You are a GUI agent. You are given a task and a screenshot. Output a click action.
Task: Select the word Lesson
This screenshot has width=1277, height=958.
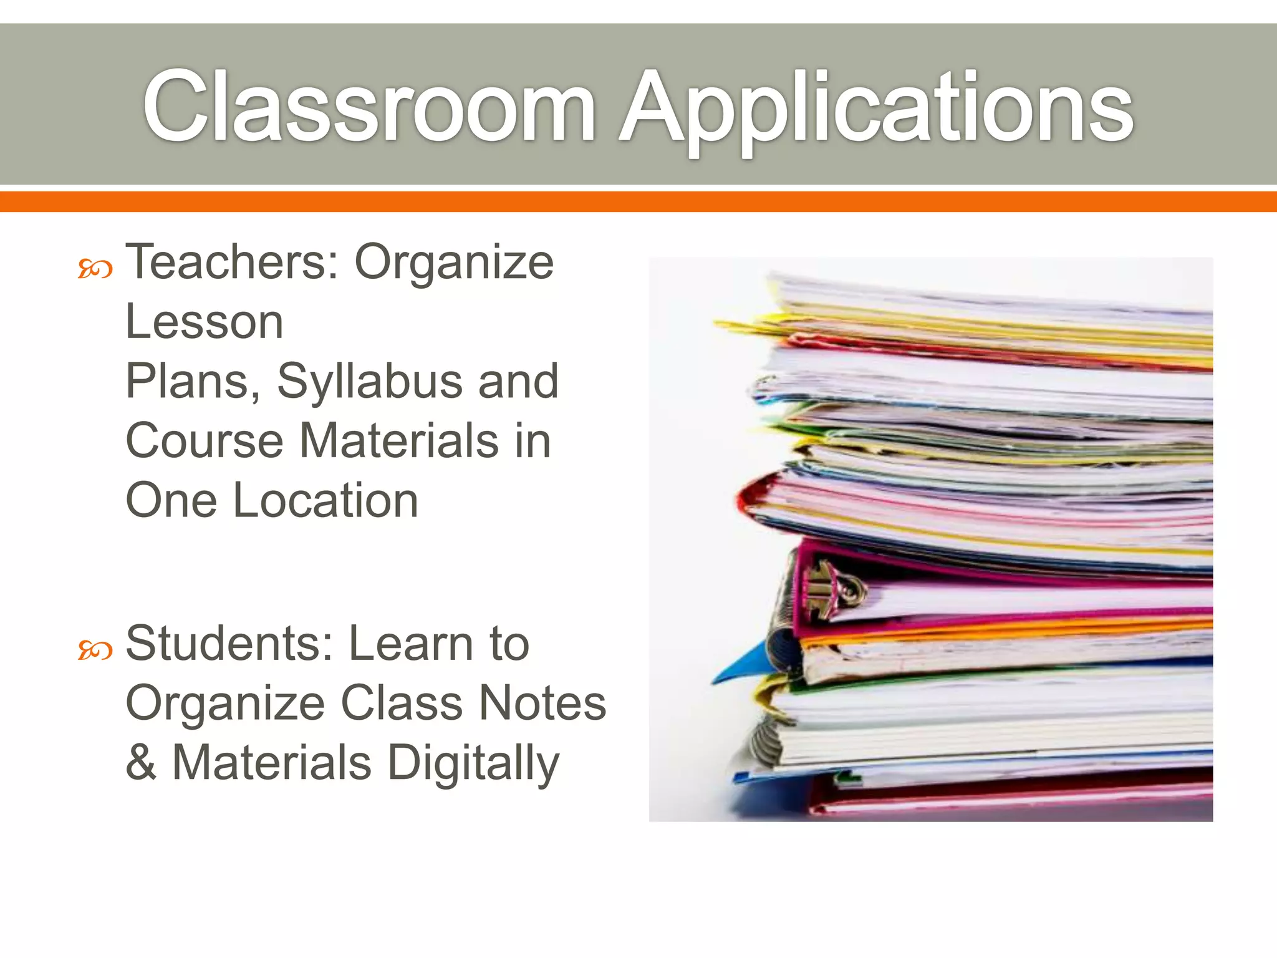coord(205,322)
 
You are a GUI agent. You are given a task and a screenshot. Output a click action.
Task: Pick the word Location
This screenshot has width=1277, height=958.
coord(325,500)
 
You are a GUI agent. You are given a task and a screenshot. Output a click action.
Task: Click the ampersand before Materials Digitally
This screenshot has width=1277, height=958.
coord(141,762)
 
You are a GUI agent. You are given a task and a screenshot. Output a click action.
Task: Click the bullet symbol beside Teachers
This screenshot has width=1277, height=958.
coord(95,269)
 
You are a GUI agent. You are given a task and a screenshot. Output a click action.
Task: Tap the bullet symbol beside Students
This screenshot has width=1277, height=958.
coord(95,651)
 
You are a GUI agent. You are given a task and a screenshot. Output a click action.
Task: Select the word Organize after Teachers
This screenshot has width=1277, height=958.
coord(454,263)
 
